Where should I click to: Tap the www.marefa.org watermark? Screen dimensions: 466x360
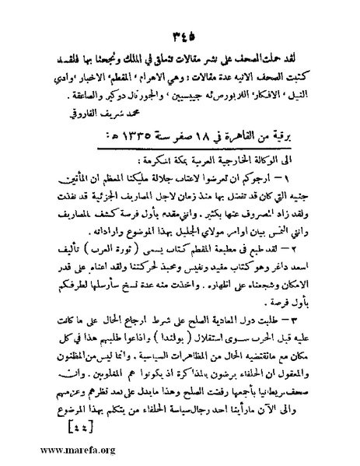[x=49, y=449]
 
